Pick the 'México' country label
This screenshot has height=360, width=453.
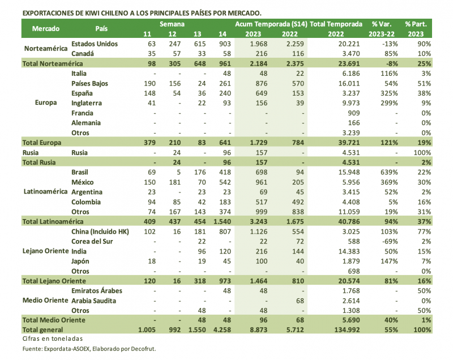(x=83, y=182)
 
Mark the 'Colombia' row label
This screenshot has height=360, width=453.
(x=86, y=202)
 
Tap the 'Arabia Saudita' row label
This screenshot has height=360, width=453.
(x=95, y=301)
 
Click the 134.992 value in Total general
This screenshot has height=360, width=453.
(x=344, y=330)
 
